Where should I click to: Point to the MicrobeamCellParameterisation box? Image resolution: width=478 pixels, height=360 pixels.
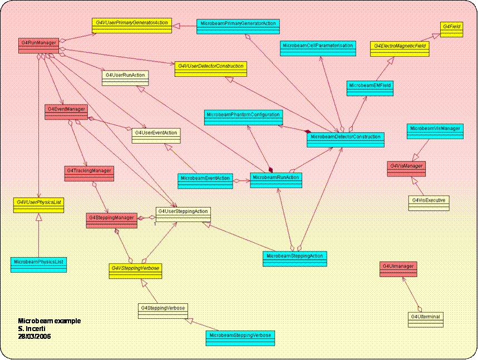point(318,47)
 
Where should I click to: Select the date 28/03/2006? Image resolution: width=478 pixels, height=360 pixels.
point(35,336)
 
